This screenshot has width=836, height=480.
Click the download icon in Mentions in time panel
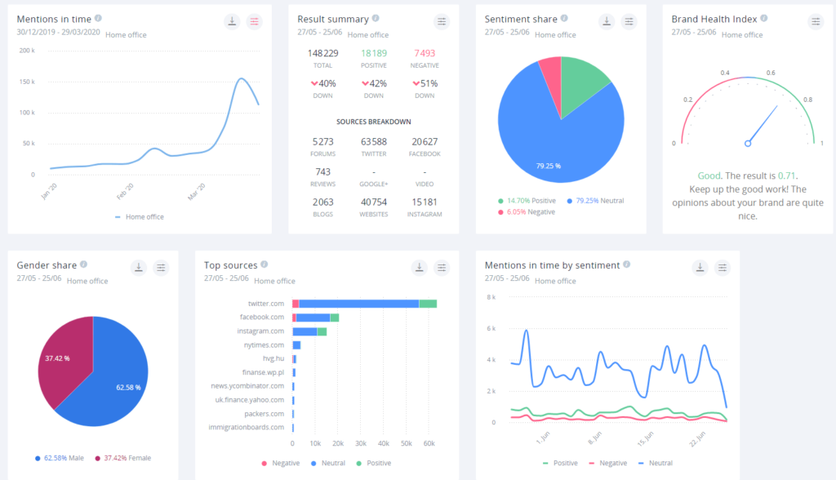point(232,21)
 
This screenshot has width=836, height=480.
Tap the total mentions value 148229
point(322,53)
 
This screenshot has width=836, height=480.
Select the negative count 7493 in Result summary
point(425,53)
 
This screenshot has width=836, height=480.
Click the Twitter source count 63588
point(373,141)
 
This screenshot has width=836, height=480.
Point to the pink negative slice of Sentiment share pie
point(551,73)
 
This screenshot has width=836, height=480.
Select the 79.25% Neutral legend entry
point(594,200)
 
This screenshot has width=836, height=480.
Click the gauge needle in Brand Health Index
point(761,127)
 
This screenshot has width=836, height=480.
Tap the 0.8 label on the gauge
point(807,100)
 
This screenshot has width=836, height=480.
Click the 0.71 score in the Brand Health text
point(786,176)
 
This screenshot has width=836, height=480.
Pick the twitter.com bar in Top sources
point(359,304)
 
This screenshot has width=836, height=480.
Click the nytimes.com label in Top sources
point(265,344)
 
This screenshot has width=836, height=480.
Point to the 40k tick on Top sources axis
point(383,442)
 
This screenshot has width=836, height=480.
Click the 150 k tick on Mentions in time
point(27,82)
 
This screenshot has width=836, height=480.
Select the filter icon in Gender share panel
point(162,267)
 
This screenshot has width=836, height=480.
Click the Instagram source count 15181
point(425,202)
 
